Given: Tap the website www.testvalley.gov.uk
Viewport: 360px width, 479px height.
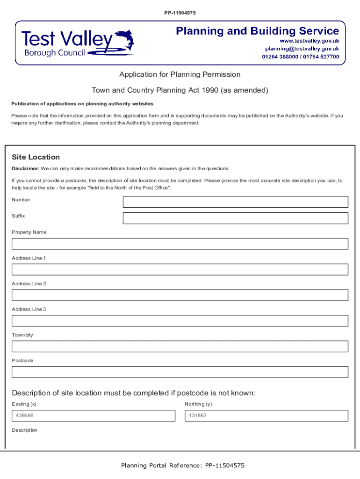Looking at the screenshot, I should [309, 41].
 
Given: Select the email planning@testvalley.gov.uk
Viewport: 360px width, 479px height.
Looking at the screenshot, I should [302, 49].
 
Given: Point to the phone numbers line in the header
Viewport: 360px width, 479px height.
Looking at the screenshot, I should [300, 57].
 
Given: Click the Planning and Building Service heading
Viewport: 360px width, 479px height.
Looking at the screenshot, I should [257, 31].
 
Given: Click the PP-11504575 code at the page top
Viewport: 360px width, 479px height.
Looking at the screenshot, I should [180, 13].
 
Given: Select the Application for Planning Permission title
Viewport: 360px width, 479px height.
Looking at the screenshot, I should [180, 74].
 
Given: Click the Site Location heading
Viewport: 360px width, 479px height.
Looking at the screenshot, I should [36, 157].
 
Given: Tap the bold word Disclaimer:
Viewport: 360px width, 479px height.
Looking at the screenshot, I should [25, 168].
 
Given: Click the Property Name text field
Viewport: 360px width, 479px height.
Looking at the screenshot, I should [180, 244].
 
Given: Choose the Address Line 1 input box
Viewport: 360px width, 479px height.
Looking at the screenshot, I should [180, 269].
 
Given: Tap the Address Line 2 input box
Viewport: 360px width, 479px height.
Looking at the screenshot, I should [180, 295].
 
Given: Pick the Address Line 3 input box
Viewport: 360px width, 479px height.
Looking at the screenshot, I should [180, 321].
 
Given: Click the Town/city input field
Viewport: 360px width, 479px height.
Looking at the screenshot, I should [180, 347].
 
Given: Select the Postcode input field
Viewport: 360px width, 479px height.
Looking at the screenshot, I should [180, 372].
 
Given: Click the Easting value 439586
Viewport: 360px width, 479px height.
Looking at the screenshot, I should [24, 416].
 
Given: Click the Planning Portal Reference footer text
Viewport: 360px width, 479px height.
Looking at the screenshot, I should [183, 465].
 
